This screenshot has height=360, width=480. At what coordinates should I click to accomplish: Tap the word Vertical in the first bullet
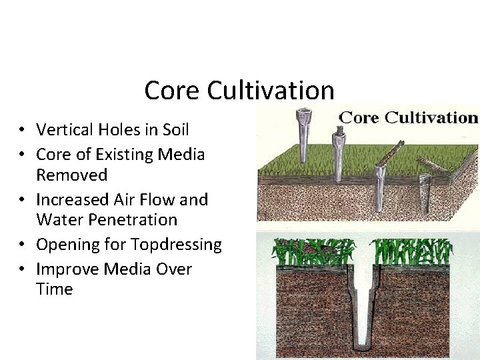click(x=64, y=129)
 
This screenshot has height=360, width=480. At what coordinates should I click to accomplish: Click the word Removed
click(x=71, y=175)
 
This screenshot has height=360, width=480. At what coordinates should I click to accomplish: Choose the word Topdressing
click(x=176, y=244)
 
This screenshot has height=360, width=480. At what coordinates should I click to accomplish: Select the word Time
click(x=54, y=289)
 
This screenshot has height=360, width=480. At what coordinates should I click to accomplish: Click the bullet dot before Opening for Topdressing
click(x=22, y=245)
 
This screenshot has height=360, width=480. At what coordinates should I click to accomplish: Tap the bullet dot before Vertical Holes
click(x=22, y=130)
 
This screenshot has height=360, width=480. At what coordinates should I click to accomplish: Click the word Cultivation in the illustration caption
click(x=431, y=118)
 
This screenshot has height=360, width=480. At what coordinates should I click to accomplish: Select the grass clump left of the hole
click(x=313, y=252)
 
